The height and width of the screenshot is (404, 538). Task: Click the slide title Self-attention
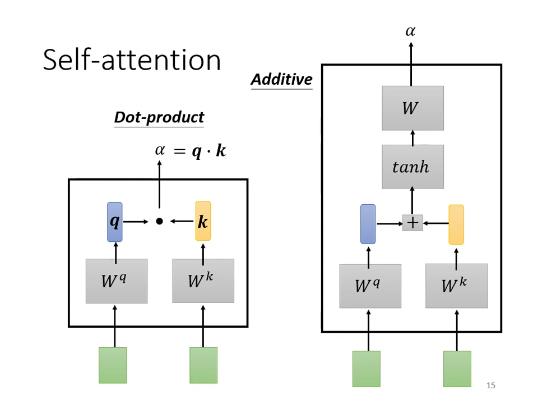pos(132,59)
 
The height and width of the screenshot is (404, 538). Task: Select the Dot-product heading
pos(159,117)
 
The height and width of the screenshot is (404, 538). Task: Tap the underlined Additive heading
pos(281,80)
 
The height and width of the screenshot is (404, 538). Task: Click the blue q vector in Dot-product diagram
pos(114,222)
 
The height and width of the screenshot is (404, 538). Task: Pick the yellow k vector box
pos(203,221)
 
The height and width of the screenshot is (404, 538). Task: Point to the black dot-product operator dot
pos(159,222)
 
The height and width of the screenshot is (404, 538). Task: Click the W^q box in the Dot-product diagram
pos(117,281)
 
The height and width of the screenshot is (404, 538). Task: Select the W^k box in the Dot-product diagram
pos(203,281)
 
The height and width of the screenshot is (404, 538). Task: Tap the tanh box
pos(412,167)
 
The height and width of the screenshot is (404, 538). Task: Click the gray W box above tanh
pos(412,108)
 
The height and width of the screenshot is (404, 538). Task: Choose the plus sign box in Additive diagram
pos(412,223)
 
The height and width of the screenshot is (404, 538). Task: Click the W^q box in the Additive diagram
pos(370,286)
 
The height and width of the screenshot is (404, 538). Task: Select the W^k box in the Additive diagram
pos(456,286)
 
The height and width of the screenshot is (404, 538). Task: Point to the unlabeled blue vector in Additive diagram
pos(368,224)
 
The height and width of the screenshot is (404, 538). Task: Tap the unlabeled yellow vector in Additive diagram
pos(456,224)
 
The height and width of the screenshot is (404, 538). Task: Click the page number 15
pos(491,385)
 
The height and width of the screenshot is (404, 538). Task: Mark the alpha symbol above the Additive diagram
pos(410,31)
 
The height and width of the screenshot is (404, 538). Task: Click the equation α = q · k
pos(191,150)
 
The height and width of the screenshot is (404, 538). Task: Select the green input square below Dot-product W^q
pos(113,365)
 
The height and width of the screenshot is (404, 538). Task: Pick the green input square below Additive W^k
pos(457,369)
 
